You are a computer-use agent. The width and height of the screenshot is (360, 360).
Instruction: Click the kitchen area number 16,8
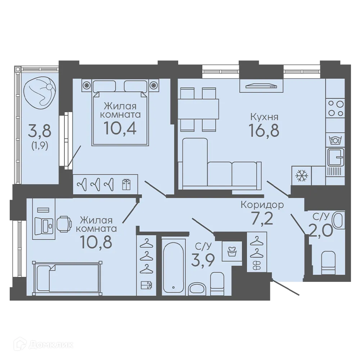(264, 130)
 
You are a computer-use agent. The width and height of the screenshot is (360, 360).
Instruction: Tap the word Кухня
(264, 117)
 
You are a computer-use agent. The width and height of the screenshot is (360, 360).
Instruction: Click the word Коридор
(262, 205)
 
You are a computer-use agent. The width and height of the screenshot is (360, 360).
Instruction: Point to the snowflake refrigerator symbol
(301, 176)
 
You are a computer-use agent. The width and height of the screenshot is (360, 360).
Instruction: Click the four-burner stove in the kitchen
(336, 108)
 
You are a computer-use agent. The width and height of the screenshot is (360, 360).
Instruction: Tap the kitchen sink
(336, 157)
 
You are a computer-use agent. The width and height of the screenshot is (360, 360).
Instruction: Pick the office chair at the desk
(64, 224)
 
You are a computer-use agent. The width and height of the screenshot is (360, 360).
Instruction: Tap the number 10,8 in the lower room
(96, 242)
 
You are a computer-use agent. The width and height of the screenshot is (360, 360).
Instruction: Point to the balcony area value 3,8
(40, 130)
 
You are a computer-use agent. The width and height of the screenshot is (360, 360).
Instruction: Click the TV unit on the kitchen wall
(261, 86)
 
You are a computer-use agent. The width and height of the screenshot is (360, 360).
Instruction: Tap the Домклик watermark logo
(44, 345)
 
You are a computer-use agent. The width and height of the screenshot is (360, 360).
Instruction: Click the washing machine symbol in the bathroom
(232, 251)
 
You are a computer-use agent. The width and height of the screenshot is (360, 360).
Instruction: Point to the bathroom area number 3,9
(203, 260)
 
